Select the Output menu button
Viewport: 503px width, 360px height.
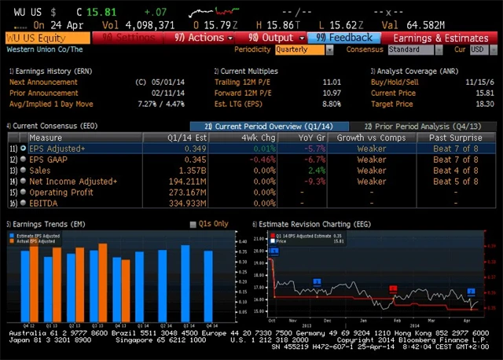coord(277,37)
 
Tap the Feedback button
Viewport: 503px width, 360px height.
coord(345,37)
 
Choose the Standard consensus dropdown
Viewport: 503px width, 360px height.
coord(414,49)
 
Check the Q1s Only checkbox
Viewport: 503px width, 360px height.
coord(194,224)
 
